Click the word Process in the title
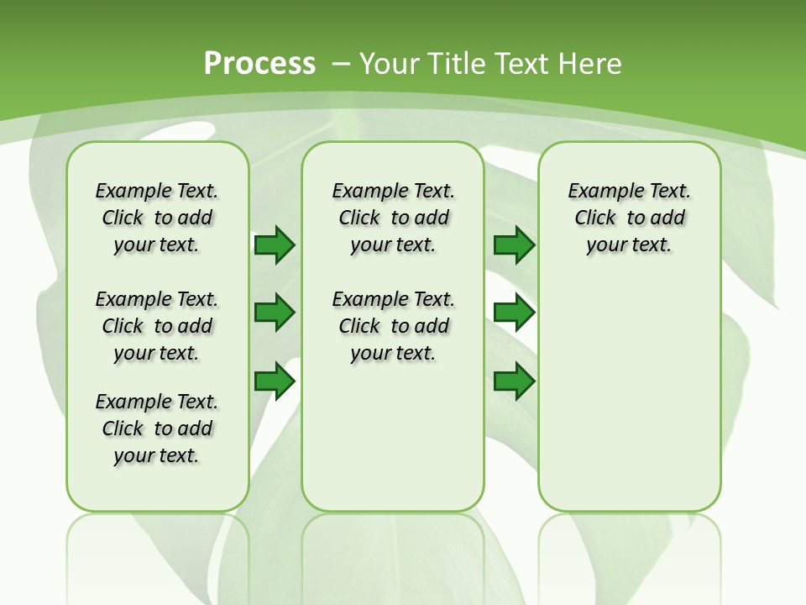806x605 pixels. tap(259, 64)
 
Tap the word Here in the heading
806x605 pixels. tap(591, 64)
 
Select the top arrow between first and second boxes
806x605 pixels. tap(275, 245)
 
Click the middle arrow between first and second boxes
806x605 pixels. tap(275, 313)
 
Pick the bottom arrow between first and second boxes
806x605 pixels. tap(275, 381)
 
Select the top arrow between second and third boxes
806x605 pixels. tap(514, 245)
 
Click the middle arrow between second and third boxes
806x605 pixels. tap(514, 313)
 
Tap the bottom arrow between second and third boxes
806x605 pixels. tap(514, 381)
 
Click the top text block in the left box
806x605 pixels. tap(157, 218)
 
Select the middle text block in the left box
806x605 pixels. tap(157, 326)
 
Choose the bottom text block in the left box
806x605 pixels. tap(157, 429)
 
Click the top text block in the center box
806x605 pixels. tap(393, 218)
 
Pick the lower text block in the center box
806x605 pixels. tap(393, 326)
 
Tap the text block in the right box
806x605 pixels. tap(629, 218)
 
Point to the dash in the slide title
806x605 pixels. tap(341, 64)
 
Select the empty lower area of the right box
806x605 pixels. tap(629, 395)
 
